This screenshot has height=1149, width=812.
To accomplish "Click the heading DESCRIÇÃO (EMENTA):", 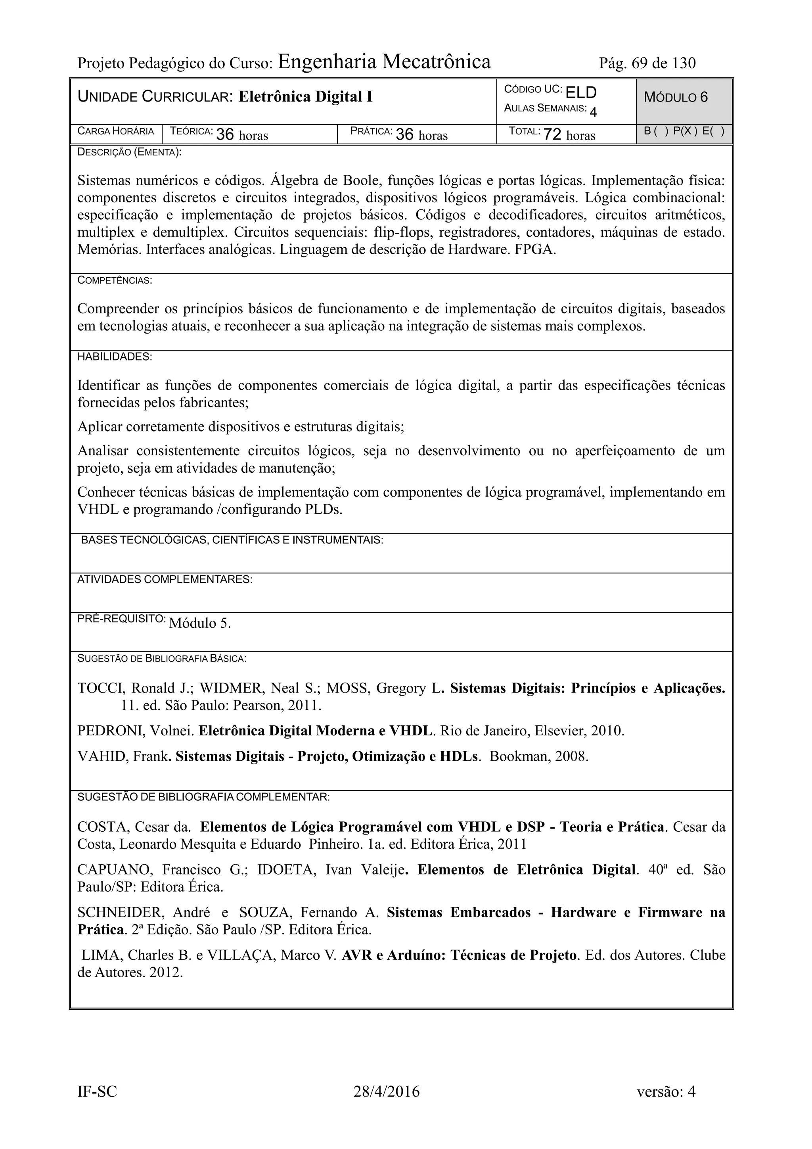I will [x=129, y=152].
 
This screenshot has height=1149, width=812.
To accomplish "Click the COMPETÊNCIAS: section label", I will [x=115, y=281].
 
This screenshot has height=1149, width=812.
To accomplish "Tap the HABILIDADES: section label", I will [x=115, y=357].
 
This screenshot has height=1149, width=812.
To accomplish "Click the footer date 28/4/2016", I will [x=386, y=1091].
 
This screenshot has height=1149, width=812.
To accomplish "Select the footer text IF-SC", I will [x=97, y=1091].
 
